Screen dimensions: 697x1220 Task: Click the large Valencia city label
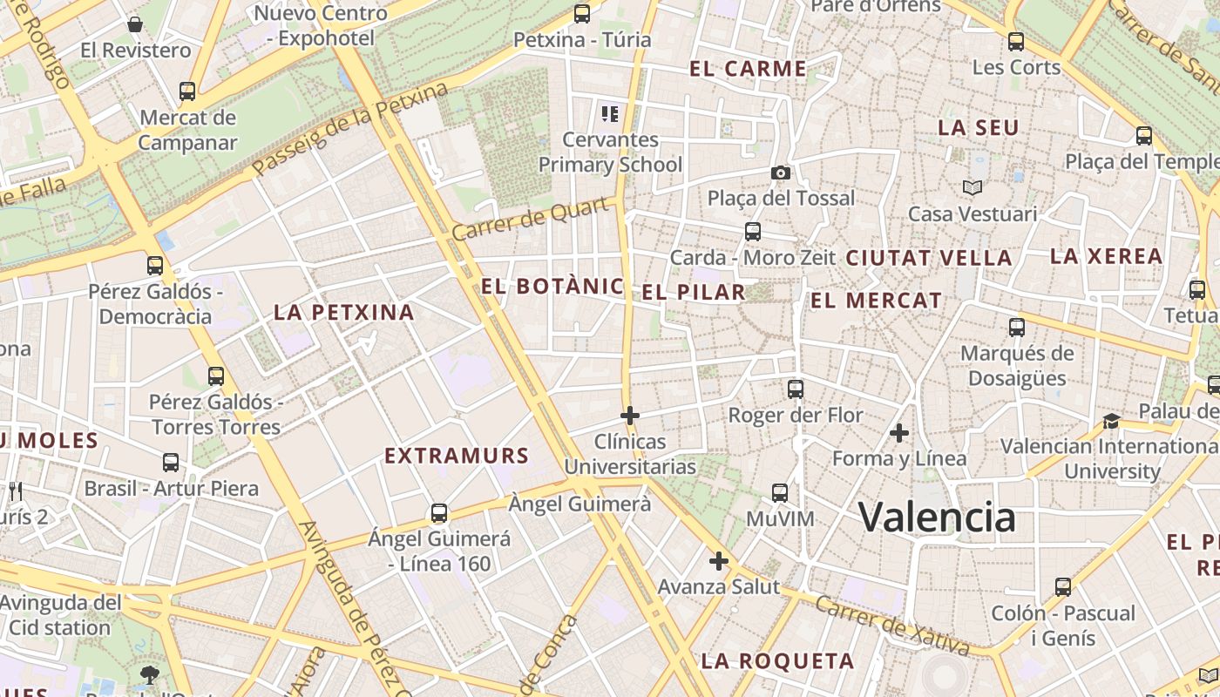[937, 518]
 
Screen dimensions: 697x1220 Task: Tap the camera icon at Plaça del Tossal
[781, 173]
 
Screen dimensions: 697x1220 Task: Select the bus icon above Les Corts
[1016, 41]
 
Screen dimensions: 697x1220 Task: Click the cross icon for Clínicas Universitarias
[629, 416]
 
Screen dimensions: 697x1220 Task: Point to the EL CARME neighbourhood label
[748, 69]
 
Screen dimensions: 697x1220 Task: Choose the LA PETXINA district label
[344, 312]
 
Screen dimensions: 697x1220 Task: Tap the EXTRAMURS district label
[457, 456]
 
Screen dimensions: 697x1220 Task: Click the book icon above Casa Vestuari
[973, 187]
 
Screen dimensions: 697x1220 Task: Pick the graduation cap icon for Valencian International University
[1111, 422]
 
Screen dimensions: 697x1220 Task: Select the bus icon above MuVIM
[780, 493]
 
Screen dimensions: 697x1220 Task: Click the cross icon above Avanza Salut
[718, 561]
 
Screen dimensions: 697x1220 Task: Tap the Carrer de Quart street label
[530, 220]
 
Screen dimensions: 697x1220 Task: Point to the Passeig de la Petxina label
[351, 128]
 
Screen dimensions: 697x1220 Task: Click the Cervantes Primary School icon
[610, 113]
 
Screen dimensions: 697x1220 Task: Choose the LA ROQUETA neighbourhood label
[777, 661]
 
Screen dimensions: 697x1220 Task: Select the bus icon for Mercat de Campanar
[187, 91]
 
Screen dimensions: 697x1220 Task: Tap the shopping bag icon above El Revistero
[135, 24]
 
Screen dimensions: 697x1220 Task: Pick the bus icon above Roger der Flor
[796, 389]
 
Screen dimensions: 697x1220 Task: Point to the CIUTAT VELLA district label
[929, 258]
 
